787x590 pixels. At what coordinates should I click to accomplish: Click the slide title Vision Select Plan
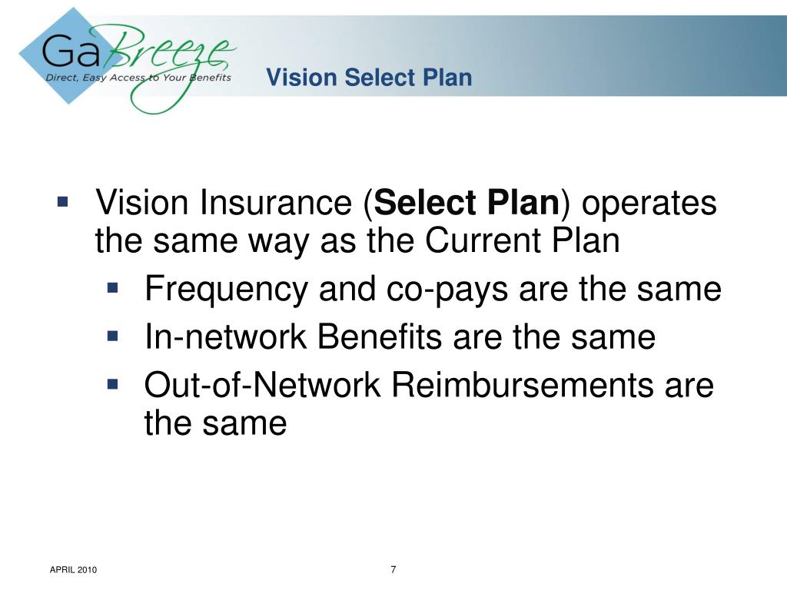coord(369,78)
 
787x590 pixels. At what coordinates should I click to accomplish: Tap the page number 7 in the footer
coord(393,569)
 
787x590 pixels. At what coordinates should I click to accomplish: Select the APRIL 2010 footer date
coord(73,570)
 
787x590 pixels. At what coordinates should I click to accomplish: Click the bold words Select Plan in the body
coord(470,204)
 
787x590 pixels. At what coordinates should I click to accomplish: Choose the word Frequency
coord(224,290)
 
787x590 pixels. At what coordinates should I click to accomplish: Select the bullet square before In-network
coord(113,336)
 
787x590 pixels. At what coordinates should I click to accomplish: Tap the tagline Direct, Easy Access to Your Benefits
coord(138,77)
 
